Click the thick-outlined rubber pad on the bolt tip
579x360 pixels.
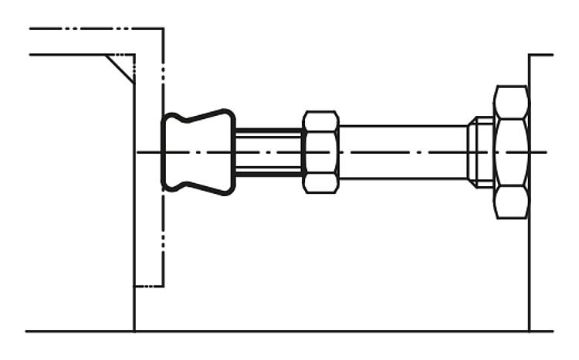tap(198, 151)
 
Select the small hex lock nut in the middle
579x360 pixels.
tap(320, 151)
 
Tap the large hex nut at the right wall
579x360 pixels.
tap(511, 151)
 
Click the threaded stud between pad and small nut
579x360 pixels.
tap(268, 151)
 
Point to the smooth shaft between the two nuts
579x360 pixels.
tap(401, 151)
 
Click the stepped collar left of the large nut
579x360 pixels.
tap(481, 151)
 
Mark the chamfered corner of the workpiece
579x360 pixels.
tap(122, 68)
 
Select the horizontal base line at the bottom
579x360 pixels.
tap(309, 331)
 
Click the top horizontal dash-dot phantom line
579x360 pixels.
tap(93, 29)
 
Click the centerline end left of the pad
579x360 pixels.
tap(142, 151)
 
